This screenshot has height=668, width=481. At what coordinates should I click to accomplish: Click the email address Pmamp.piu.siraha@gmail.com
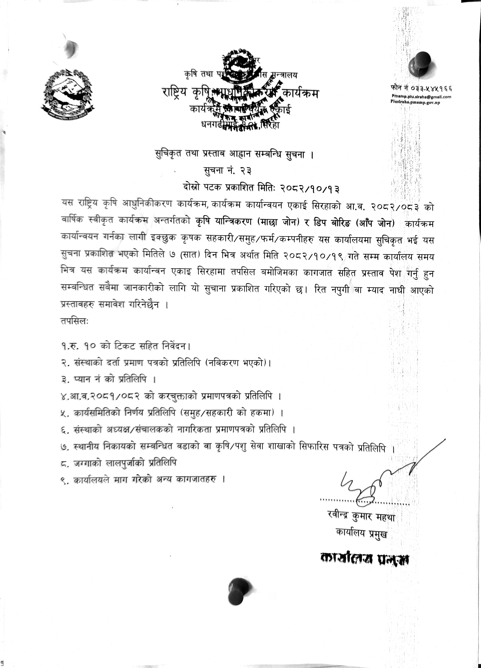(421, 97)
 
